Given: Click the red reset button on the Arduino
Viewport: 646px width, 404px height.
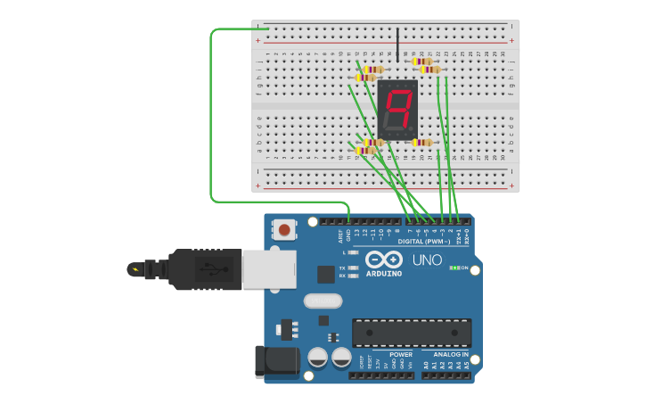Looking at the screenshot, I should click(284, 229).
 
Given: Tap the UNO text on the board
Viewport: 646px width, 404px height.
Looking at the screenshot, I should click(427, 260).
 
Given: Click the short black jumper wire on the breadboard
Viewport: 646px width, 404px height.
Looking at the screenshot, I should click(397, 43).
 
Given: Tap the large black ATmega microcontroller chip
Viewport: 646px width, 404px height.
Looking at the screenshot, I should click(411, 333).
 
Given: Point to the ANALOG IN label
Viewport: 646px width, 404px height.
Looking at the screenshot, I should click(445, 354).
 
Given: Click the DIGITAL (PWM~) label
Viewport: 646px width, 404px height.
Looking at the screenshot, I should click(422, 242).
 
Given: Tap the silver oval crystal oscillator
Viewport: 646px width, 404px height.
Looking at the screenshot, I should click(323, 301).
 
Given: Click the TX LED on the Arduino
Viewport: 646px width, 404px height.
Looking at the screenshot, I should click(354, 268).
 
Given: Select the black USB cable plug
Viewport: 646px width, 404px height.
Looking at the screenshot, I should click(205, 268).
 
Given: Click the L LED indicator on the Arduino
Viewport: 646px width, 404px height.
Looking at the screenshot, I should click(354, 252).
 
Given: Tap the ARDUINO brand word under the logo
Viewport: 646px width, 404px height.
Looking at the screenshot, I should click(383, 273).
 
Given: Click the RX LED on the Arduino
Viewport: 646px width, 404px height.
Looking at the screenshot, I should click(354, 276).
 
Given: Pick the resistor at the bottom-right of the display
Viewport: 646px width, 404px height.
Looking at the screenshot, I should click(421, 143).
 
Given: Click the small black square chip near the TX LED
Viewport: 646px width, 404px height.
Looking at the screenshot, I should click(325, 275).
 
